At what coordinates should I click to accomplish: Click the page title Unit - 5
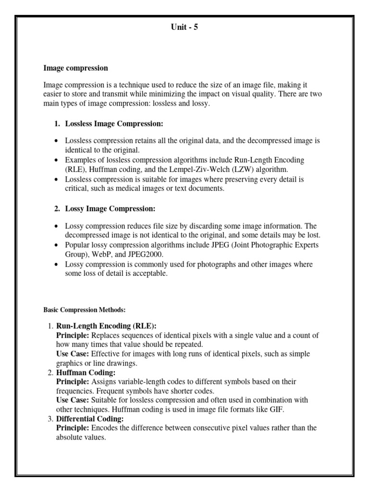pos(184,27)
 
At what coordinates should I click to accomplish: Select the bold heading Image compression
pos(75,68)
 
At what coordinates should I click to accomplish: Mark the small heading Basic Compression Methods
pos(84,309)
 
